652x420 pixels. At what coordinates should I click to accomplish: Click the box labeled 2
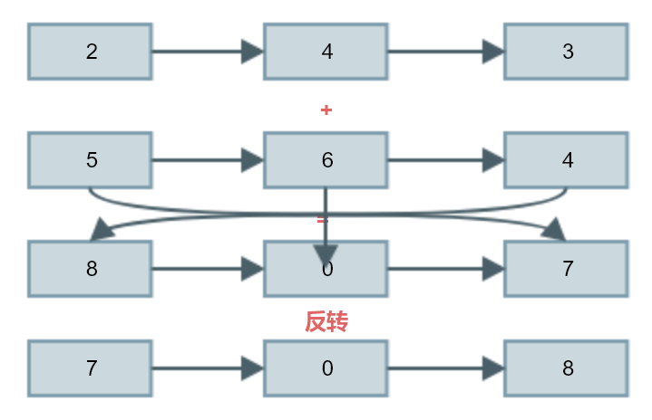90,52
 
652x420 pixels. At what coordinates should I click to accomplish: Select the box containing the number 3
566,52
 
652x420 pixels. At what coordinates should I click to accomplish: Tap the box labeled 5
90,160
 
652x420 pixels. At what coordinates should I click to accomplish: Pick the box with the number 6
326,160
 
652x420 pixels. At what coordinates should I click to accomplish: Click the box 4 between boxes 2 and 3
326,52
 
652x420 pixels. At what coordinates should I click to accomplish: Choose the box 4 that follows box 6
566,160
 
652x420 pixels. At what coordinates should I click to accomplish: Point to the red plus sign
326,110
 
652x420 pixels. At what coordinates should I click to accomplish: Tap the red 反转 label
326,321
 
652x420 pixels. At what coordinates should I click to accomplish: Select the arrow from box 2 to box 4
207,52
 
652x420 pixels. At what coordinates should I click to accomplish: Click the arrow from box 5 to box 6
207,160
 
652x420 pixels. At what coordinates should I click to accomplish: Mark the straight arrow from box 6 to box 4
444,160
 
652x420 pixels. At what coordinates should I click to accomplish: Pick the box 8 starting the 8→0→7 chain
90,269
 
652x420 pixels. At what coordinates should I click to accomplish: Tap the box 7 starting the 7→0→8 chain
90,368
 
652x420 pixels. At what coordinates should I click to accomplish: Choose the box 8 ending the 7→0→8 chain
566,368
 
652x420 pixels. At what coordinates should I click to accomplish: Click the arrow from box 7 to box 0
207,368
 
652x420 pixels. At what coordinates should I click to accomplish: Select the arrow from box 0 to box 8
444,368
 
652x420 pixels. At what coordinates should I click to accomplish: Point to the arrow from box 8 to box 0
207,269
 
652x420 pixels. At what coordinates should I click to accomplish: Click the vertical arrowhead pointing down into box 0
326,253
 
